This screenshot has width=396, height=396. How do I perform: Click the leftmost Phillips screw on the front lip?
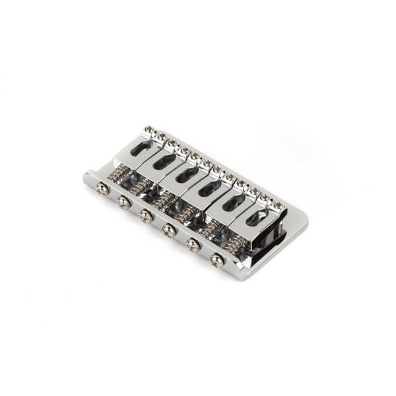tap(101, 189)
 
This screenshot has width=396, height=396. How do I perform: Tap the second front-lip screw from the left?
tap(123, 202)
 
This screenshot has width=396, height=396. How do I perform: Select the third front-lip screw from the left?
tap(145, 216)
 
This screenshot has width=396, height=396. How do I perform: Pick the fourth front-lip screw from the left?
tap(168, 230)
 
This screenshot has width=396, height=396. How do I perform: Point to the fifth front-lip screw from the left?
tap(193, 245)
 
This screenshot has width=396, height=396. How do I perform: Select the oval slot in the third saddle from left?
tap(185, 174)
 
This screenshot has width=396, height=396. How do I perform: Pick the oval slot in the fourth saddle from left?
tap(209, 188)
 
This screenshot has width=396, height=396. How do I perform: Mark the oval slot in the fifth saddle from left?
tap(234, 203)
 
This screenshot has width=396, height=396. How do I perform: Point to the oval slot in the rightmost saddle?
tap(256, 218)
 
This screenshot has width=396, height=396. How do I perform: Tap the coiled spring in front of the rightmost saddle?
tap(234, 246)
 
